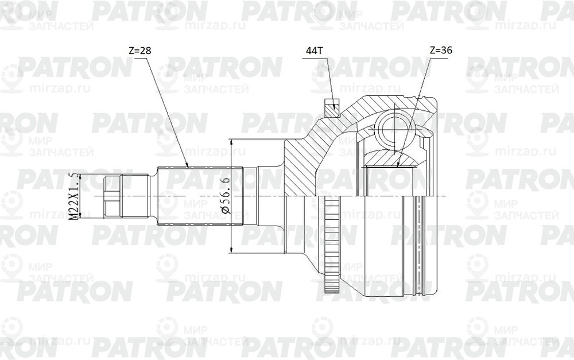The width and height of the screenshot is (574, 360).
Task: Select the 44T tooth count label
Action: [x=315, y=51]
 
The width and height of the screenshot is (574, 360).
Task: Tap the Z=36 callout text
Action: [x=440, y=51]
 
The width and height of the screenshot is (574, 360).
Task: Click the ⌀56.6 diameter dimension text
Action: [x=226, y=196]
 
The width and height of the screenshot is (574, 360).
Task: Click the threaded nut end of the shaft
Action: [x=113, y=196]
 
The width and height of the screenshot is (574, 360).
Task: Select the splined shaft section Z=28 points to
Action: [x=201, y=196]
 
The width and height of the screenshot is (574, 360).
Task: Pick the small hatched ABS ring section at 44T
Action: [x=332, y=107]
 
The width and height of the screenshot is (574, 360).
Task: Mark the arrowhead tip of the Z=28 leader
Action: [x=188, y=167]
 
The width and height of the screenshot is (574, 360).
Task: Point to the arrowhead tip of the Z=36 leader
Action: [x=398, y=167]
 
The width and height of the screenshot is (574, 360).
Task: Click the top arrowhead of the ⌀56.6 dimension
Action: [x=231, y=140]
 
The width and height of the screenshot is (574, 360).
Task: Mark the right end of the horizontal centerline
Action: [x=445, y=196]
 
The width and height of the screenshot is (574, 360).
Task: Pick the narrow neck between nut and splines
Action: [x=154, y=196]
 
